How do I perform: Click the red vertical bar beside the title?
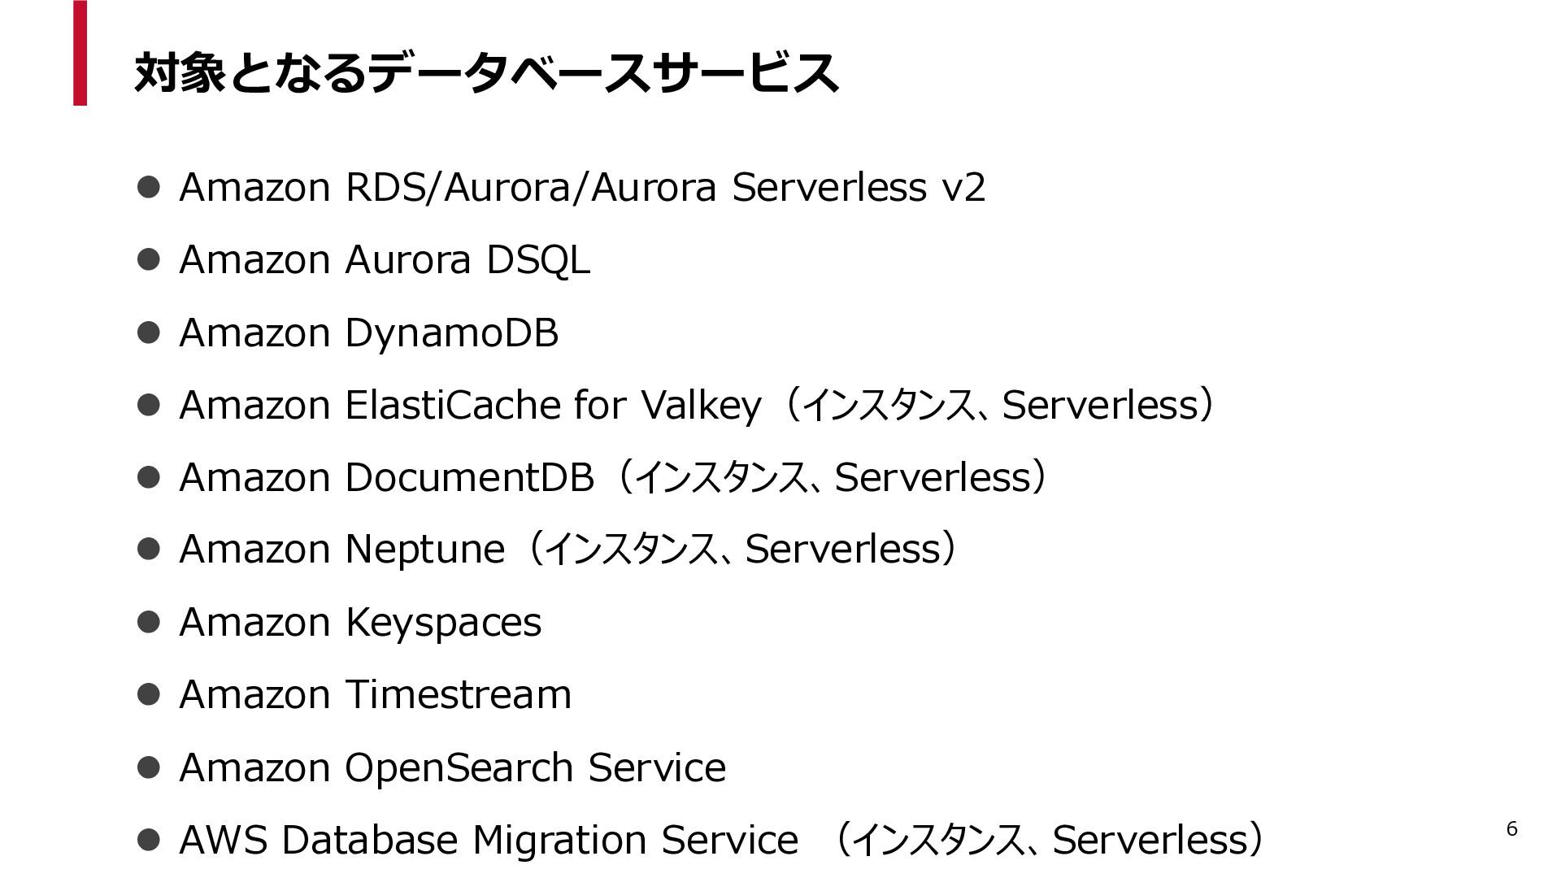80,53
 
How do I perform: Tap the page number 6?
1511,829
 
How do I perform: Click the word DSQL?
537,261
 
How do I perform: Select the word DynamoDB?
451,333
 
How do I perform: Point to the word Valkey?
701,406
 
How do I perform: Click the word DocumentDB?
469,478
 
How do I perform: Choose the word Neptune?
424,550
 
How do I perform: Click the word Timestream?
459,695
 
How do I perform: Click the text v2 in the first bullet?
963,188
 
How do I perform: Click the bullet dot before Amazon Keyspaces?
148,623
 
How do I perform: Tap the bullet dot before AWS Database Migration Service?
148,840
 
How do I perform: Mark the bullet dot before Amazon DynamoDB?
148,333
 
